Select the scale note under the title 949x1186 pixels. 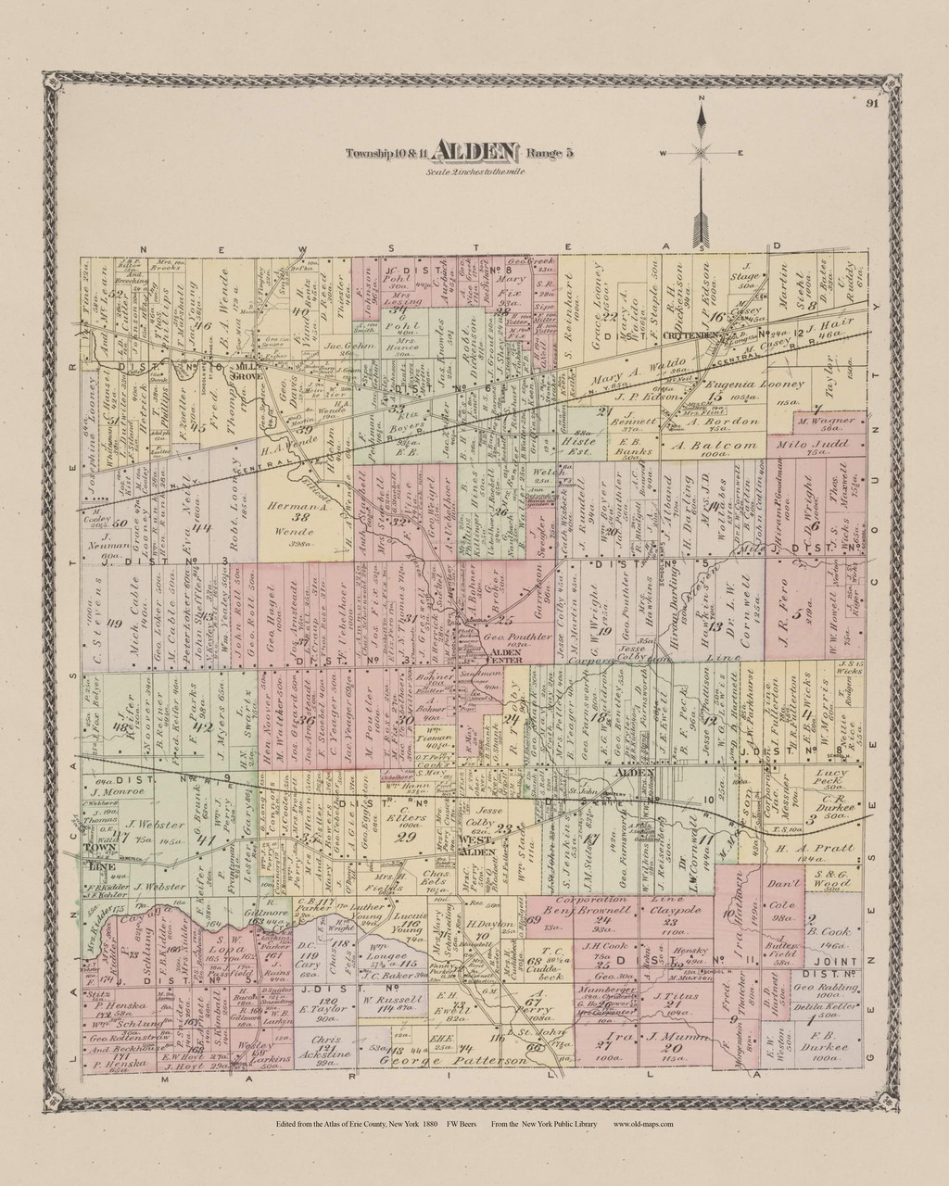pos(474,173)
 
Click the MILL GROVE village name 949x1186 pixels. pos(248,367)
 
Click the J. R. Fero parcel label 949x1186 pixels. pos(804,609)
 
